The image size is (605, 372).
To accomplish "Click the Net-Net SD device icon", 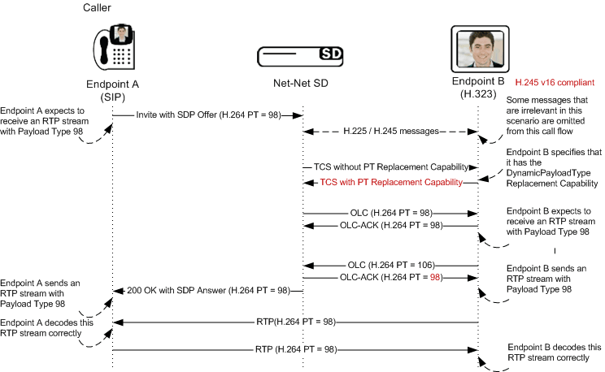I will click(x=299, y=54).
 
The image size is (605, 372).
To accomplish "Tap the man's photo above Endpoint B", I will click(x=480, y=49).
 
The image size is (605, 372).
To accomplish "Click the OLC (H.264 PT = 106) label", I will click(x=389, y=265).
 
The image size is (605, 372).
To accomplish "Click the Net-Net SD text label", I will click(x=301, y=83).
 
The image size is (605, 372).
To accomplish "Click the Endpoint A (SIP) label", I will click(x=113, y=90).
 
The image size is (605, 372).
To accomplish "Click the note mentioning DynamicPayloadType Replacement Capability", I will click(x=551, y=168).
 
